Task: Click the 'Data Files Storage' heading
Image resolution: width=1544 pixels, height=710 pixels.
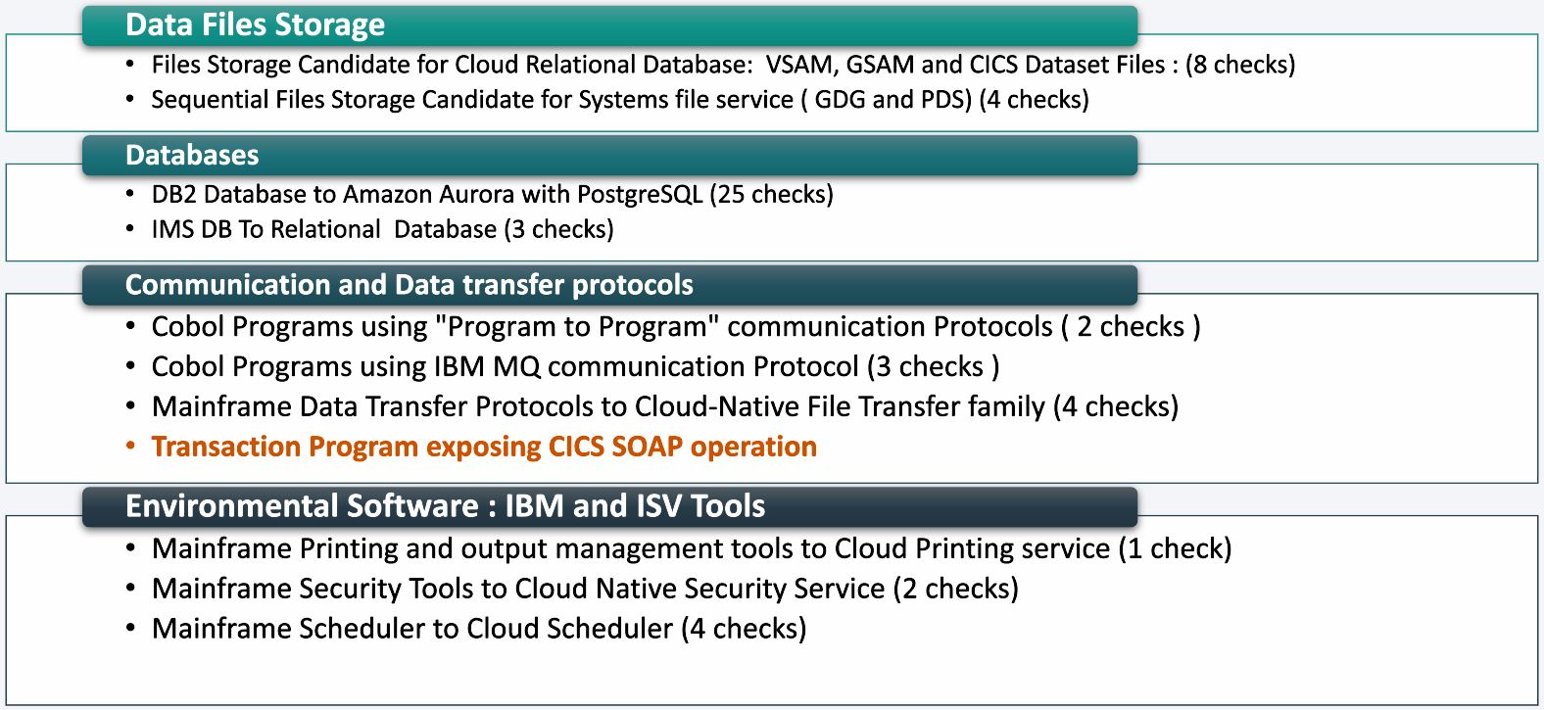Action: pos(255,25)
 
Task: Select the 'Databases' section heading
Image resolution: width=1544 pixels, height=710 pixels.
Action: pos(192,155)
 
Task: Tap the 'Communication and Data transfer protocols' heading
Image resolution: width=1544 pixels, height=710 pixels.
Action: pos(410,285)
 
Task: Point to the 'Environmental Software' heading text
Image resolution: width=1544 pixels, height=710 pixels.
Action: pos(302,505)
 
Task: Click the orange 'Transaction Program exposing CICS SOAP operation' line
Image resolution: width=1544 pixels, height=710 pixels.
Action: pos(484,447)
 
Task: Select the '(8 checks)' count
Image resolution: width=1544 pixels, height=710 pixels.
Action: pos(1240,65)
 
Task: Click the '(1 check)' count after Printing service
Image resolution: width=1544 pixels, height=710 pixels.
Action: pos(1176,548)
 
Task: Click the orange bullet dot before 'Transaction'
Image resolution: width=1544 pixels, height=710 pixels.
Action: pos(130,446)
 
